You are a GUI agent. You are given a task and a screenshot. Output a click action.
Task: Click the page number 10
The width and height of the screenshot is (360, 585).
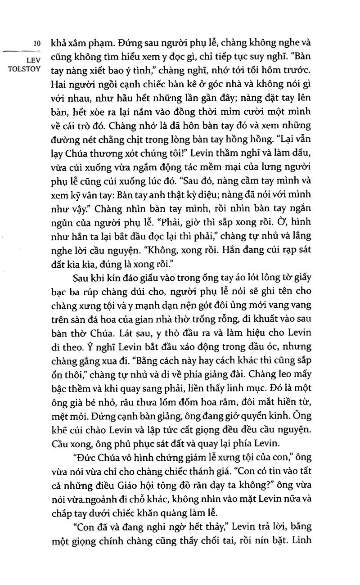(38, 44)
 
